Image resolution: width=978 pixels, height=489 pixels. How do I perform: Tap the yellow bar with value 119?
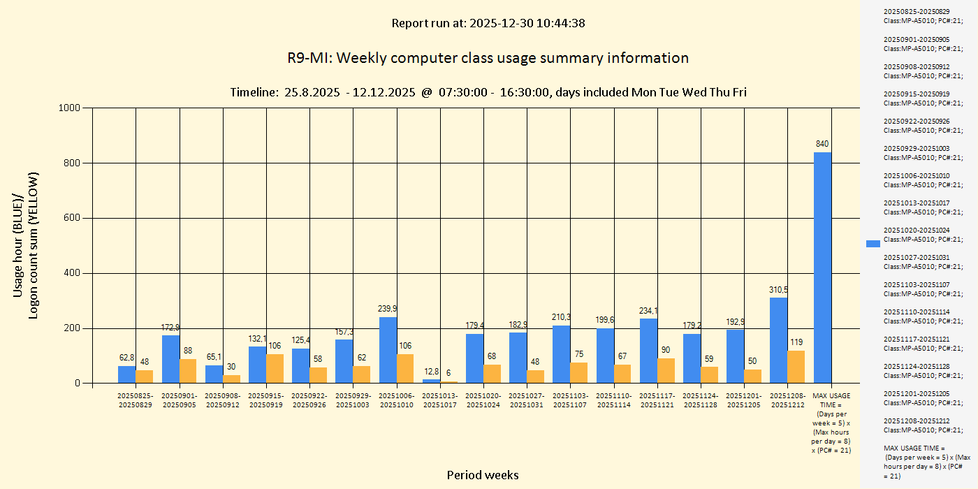tap(796, 367)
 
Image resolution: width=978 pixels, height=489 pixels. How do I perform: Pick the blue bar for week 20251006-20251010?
tap(388, 350)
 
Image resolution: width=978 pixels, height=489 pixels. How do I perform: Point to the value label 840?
tap(822, 144)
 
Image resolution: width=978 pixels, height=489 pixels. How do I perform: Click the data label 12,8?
tap(431, 372)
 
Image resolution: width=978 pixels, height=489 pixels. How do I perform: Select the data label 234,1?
tap(649, 311)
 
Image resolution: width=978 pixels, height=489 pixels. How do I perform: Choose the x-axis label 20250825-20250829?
tap(136, 400)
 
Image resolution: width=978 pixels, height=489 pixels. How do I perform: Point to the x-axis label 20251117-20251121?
tap(657, 400)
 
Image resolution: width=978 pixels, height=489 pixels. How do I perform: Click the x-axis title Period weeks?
tap(483, 475)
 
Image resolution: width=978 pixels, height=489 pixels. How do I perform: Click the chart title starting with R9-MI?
tap(488, 58)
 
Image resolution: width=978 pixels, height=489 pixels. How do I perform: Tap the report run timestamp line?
tap(488, 23)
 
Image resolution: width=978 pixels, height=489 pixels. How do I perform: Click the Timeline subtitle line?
tap(488, 92)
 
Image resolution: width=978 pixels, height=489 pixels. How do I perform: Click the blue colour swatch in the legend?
tap(873, 243)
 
